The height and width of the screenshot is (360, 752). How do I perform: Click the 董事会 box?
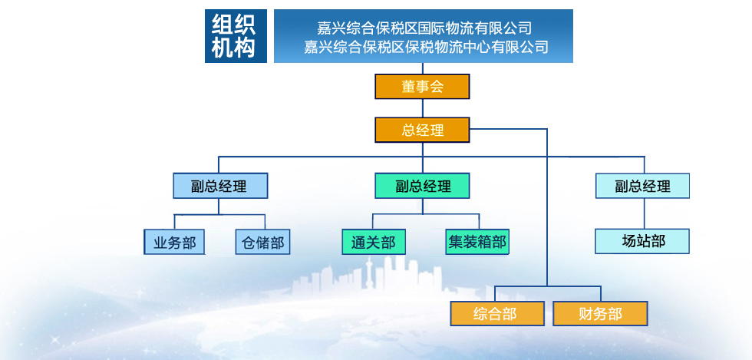coord(422,87)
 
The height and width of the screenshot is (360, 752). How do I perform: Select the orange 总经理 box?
coord(422,130)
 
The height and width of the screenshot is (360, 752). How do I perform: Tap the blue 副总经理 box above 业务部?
coord(220,186)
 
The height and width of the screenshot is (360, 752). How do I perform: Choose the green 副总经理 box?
coord(422,186)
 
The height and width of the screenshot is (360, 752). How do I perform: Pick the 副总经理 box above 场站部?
coord(643,186)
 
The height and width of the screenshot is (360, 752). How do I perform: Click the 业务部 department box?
coord(174,242)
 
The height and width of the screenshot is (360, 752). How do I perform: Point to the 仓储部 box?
coord(262,242)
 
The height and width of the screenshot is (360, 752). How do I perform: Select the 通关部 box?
coord(374,242)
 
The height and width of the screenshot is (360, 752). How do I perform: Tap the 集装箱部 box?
coord(477,242)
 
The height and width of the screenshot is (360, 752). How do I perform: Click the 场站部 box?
coord(642,241)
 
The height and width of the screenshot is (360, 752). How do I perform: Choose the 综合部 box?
coord(497,313)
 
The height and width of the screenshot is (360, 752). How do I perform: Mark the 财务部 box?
coord(600,313)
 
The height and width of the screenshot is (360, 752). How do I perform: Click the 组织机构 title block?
coord(236,36)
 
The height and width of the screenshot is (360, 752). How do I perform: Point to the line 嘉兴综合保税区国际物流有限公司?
coord(424,28)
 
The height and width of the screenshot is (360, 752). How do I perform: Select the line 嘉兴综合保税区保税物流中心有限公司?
coord(426,47)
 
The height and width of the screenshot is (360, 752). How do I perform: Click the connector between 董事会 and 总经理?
coord(423,108)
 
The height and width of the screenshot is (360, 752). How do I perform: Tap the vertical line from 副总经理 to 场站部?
coord(644,213)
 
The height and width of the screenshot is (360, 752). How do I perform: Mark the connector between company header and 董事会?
coord(423,68)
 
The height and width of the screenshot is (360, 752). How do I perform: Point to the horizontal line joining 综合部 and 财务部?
coord(548,286)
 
